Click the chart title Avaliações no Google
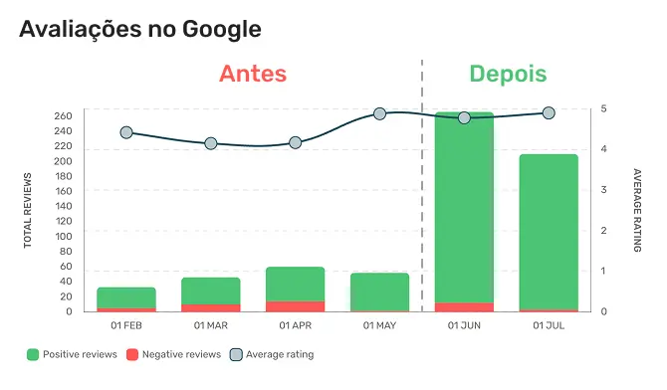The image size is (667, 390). pos(140,29)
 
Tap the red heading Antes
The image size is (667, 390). pos(253,75)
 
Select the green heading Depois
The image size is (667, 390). pos(508,75)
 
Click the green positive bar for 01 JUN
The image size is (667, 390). pos(464,209)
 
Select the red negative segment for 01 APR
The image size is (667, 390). pos(295,306)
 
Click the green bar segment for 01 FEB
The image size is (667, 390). pos(126,297)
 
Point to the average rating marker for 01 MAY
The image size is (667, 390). pos(379,114)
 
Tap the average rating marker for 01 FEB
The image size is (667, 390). pos(126,132)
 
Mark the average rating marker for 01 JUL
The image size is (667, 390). pos(549,113)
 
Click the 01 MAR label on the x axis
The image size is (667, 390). pos(211,325)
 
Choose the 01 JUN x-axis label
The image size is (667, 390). pos(464,325)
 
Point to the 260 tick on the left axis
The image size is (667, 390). pos(64,116)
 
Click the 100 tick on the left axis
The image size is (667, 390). pos(64,236)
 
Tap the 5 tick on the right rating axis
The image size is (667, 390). pos(604,109)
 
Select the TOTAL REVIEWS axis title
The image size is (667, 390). pos(29,212)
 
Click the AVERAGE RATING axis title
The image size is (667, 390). pos(637,210)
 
